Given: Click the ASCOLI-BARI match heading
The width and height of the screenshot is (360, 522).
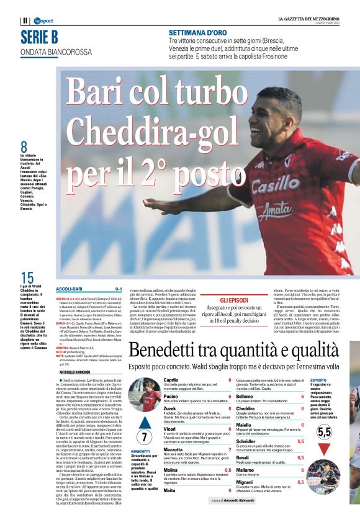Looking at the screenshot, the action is [x=68, y=289].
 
